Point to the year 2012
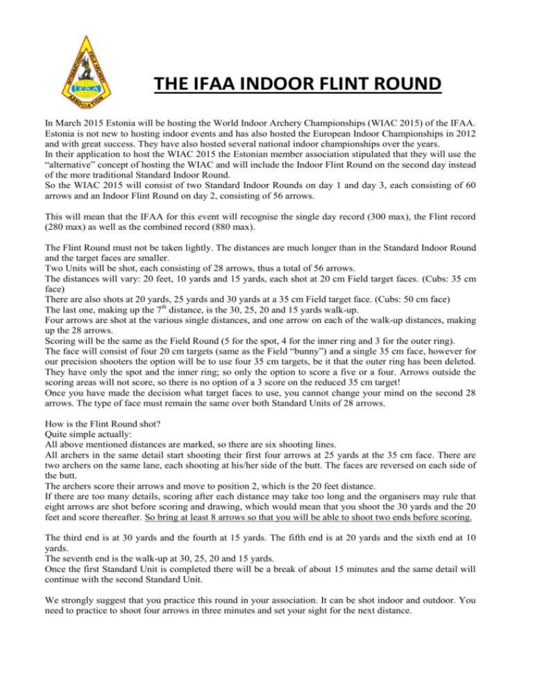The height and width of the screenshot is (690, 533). [457, 137]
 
